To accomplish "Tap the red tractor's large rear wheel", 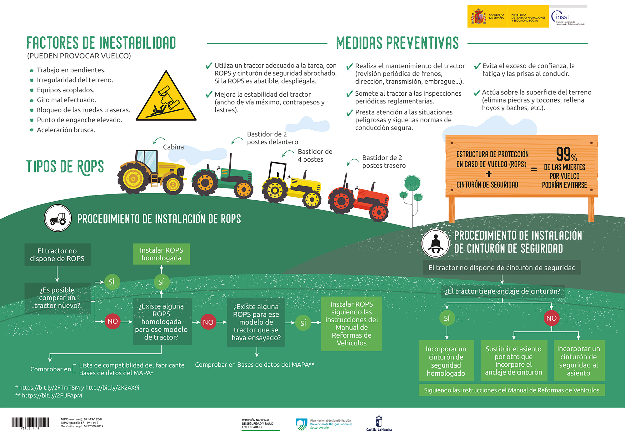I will coord(341,201).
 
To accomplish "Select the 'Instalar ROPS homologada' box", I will coord(161,254).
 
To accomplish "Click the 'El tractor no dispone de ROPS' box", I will coord(57,255).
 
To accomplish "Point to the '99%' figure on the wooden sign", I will coord(566,154).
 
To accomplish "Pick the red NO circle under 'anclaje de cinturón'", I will coord(551,318).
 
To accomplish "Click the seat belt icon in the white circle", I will coord(435,244).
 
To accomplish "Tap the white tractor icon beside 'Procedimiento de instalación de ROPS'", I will coord(58,218).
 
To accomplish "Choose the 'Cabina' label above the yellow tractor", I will coord(173,147).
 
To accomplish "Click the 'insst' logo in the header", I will coord(567,17).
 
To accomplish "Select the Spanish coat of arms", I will coord(478,16).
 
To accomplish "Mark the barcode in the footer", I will coord(30,423).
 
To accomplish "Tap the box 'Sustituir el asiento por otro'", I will coord(513,360).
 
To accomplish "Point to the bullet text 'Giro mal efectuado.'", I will coord(67,100).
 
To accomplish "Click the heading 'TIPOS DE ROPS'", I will coord(65,167).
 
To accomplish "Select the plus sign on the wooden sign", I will coord(489,174).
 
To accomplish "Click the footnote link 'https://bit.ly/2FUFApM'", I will coord(52,395).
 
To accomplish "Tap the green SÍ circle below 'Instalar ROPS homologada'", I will coord(161,282).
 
